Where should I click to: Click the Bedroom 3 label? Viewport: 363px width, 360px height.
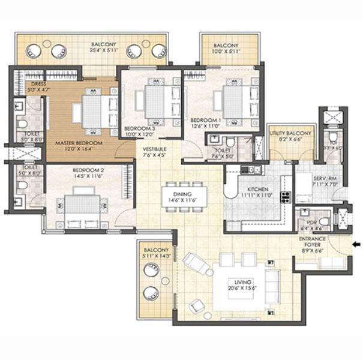(139, 128)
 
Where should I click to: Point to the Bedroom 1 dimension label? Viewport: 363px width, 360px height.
(205, 126)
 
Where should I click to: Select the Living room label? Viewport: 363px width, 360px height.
(244, 281)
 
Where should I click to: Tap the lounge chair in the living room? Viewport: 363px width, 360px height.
(196, 262)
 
